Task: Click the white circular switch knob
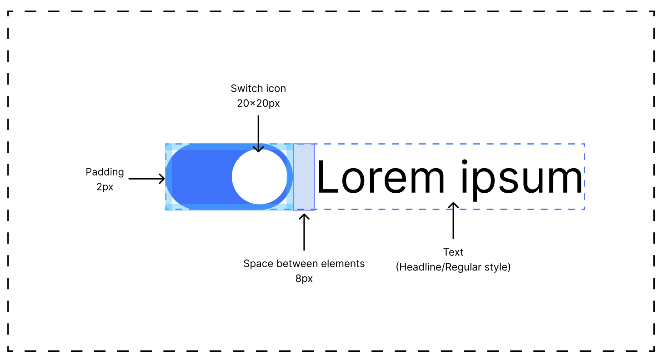[x=260, y=177]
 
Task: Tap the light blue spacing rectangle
[x=304, y=177]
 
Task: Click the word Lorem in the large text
[x=381, y=177]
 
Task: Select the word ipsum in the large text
[x=522, y=180]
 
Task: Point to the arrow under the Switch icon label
[x=258, y=134]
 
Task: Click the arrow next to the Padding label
[x=146, y=179]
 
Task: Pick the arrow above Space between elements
[x=304, y=232]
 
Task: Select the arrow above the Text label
[x=453, y=220]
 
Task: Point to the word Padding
[x=105, y=172]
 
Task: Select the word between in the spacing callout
[x=297, y=264]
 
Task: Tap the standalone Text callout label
[x=453, y=252]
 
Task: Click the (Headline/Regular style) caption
[x=453, y=267]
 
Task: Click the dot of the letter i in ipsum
[x=464, y=162]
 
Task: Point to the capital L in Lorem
[x=327, y=177]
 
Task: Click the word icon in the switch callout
[x=276, y=88]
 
